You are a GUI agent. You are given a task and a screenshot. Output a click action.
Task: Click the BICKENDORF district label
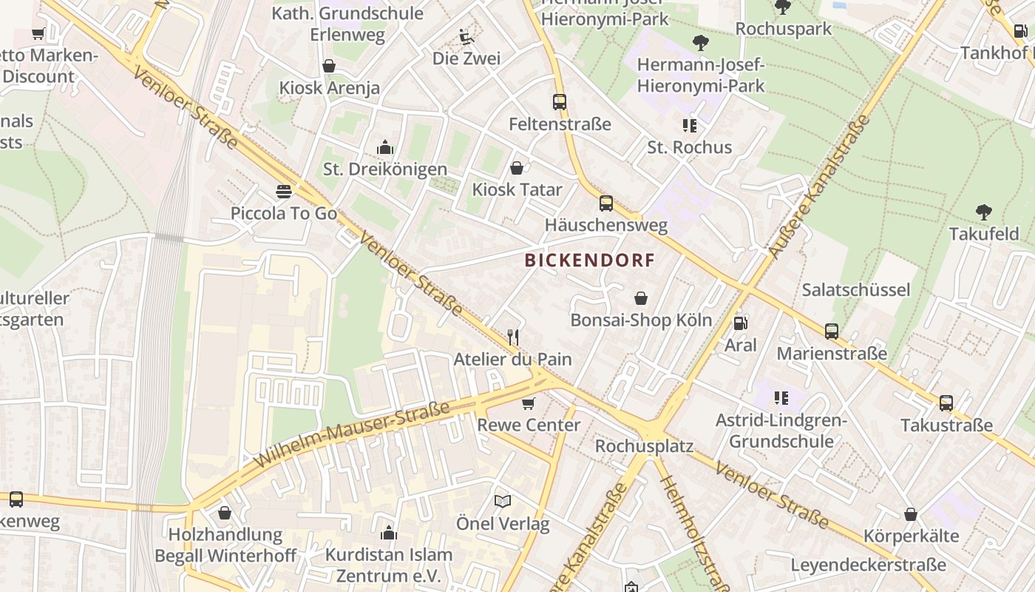(590, 260)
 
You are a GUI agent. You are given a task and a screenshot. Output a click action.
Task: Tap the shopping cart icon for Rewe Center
(528, 403)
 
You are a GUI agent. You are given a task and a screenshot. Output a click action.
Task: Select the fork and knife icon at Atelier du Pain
(513, 337)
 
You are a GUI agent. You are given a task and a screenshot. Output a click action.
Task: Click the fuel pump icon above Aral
(739, 323)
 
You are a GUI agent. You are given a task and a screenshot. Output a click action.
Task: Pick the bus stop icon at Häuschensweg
(606, 203)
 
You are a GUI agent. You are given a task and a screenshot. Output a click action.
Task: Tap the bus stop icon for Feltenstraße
(560, 102)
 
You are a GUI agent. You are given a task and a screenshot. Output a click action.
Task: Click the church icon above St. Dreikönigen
(384, 147)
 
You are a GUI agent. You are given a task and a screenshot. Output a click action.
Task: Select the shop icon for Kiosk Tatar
(517, 168)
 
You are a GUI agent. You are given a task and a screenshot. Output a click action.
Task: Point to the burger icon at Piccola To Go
(283, 192)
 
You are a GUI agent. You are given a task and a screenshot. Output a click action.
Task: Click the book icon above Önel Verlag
(503, 502)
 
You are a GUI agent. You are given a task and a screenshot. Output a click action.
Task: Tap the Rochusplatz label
(644, 446)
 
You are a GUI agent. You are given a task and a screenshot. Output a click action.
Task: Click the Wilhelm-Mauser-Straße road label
(351, 435)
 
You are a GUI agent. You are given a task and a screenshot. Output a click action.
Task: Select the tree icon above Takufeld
(983, 212)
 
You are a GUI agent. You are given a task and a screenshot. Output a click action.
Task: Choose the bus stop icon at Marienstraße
(832, 332)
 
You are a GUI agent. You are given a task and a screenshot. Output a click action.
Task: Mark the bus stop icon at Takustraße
(946, 403)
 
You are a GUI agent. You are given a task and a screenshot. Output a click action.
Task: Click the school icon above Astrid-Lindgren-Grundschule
(781, 398)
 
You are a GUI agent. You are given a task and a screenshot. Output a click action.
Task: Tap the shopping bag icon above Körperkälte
(911, 514)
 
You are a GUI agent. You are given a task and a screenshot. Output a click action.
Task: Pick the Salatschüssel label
(855, 289)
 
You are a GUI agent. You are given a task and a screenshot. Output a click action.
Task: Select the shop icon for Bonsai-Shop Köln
(641, 298)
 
